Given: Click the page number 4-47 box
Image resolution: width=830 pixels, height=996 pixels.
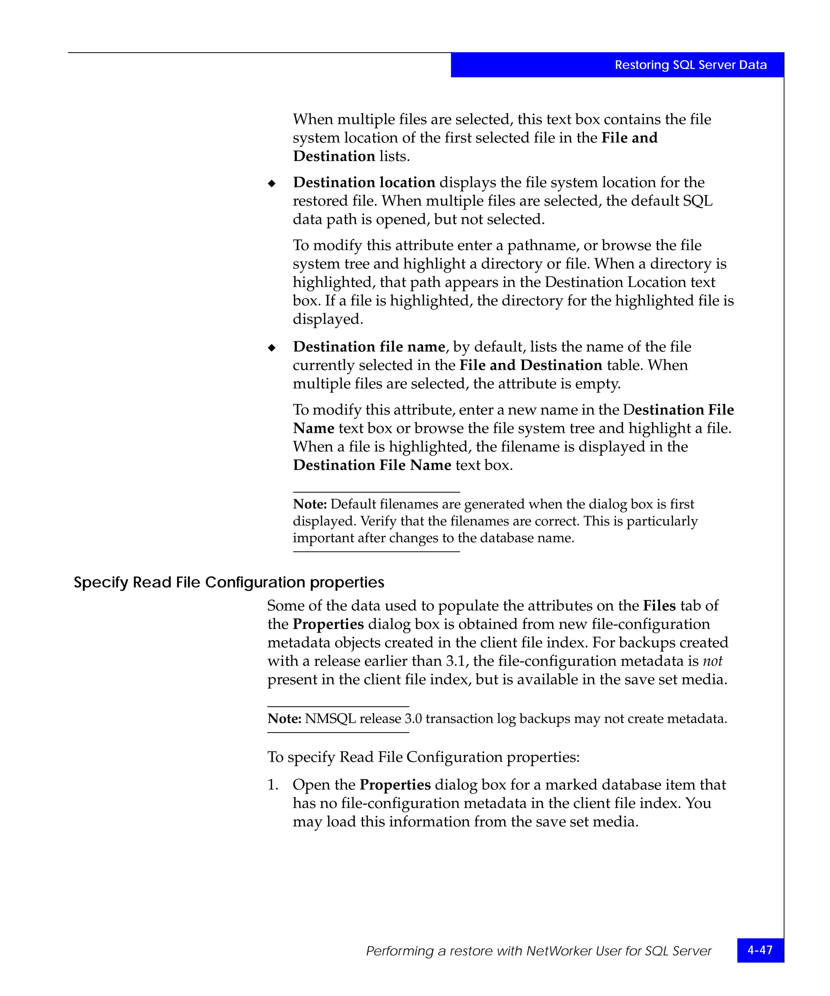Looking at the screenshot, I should [x=760, y=950].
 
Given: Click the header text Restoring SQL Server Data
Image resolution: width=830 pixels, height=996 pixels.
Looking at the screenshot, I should [x=690, y=65].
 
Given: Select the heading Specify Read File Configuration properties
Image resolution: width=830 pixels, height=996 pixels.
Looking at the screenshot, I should [x=229, y=582].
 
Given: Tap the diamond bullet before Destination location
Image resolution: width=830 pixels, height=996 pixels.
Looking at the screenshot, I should [x=272, y=184].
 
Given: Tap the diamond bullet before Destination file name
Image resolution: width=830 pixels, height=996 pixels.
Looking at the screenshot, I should [x=272, y=348].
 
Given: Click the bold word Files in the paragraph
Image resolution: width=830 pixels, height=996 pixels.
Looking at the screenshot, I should [x=659, y=606].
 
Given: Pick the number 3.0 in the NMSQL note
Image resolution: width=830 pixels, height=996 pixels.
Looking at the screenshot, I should [x=413, y=718].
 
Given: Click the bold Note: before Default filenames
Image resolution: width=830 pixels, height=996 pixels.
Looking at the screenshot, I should [x=310, y=504].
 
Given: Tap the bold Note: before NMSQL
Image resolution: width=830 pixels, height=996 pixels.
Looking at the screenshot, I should [x=284, y=718].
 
